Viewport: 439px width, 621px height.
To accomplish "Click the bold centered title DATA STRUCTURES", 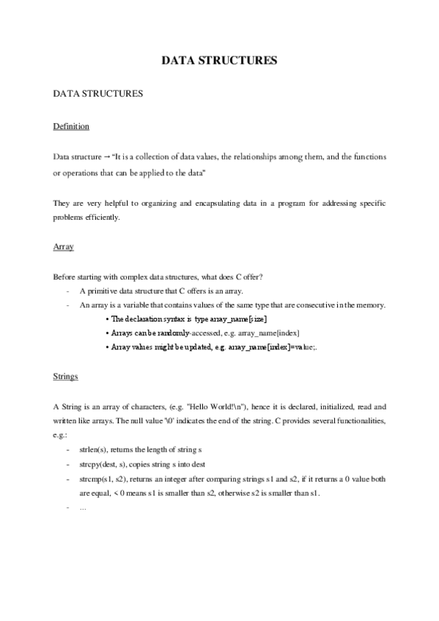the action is click(219, 61).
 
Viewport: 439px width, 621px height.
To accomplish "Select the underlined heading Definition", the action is click(71, 127).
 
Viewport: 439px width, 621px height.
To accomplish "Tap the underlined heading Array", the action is click(64, 248).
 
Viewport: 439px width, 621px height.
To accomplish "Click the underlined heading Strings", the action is click(66, 376).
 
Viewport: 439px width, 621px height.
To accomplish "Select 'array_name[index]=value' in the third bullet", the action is click(272, 347).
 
